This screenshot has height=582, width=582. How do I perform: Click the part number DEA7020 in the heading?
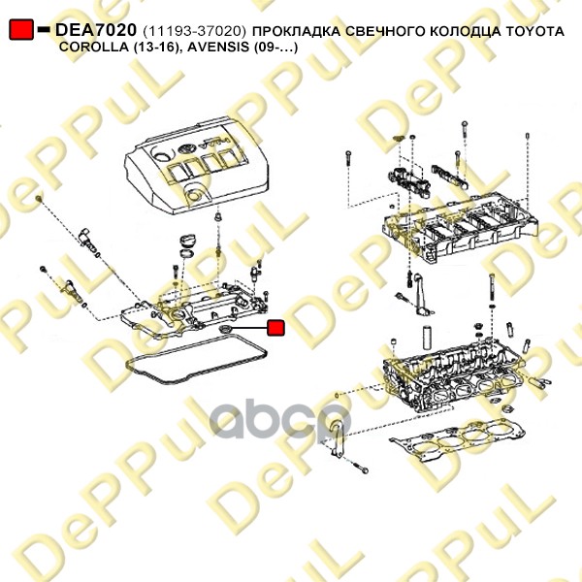click(x=96, y=30)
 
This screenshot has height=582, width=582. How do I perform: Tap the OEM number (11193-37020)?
click(x=194, y=31)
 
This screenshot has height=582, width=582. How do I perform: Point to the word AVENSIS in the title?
click(x=218, y=48)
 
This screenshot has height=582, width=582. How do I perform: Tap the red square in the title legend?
click(x=21, y=29)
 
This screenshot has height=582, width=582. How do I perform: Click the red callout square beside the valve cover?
click(x=275, y=328)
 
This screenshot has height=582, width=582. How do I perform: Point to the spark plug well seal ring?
click(x=226, y=329)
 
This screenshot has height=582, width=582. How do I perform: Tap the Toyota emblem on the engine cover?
click(x=185, y=150)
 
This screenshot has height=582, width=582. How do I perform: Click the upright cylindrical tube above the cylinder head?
click(x=428, y=337)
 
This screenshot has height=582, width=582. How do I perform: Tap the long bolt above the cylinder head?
click(x=492, y=287)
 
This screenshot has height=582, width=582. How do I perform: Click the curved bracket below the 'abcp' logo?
click(x=337, y=438)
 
